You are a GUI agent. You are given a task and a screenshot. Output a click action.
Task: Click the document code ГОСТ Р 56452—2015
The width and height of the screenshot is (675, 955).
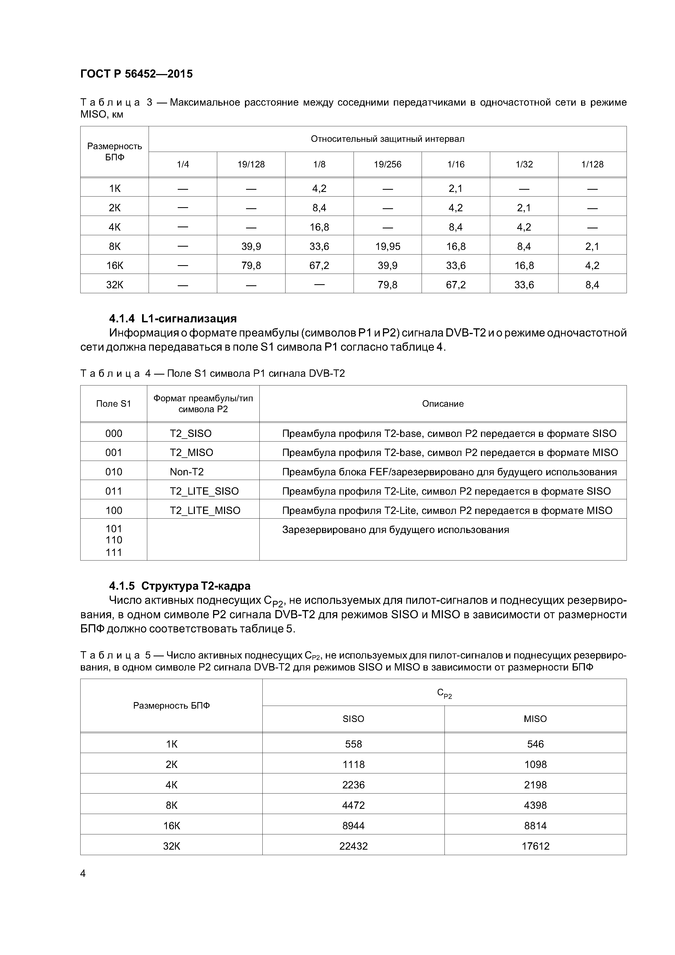[x=136, y=74]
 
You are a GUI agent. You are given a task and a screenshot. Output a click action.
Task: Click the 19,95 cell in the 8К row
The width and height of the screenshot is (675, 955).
[x=387, y=247]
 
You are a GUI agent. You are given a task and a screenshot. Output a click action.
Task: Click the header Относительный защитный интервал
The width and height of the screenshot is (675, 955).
[x=387, y=139]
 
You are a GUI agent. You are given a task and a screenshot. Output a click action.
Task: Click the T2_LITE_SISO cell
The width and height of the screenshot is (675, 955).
[x=204, y=491]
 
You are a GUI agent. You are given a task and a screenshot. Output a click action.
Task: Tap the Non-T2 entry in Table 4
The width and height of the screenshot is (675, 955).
[x=187, y=472]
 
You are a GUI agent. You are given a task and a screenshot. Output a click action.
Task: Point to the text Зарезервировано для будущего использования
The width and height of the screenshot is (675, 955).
[x=395, y=530]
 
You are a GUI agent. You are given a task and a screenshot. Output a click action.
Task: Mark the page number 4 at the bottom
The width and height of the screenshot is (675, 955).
[x=83, y=874]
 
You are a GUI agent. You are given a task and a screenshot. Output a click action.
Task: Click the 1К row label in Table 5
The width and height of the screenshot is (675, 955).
[x=171, y=744]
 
